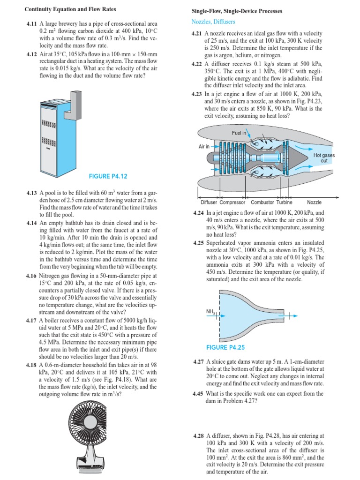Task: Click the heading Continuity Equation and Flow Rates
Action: point(70,9)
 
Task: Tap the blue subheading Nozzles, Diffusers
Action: point(213,22)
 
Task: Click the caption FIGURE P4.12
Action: point(108,176)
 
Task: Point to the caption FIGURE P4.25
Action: point(225,347)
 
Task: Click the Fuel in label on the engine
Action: point(239,133)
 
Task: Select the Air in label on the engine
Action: point(204,146)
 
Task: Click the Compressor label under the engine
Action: point(232,202)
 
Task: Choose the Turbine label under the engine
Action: point(284,202)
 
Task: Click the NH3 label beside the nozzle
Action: point(210,312)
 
